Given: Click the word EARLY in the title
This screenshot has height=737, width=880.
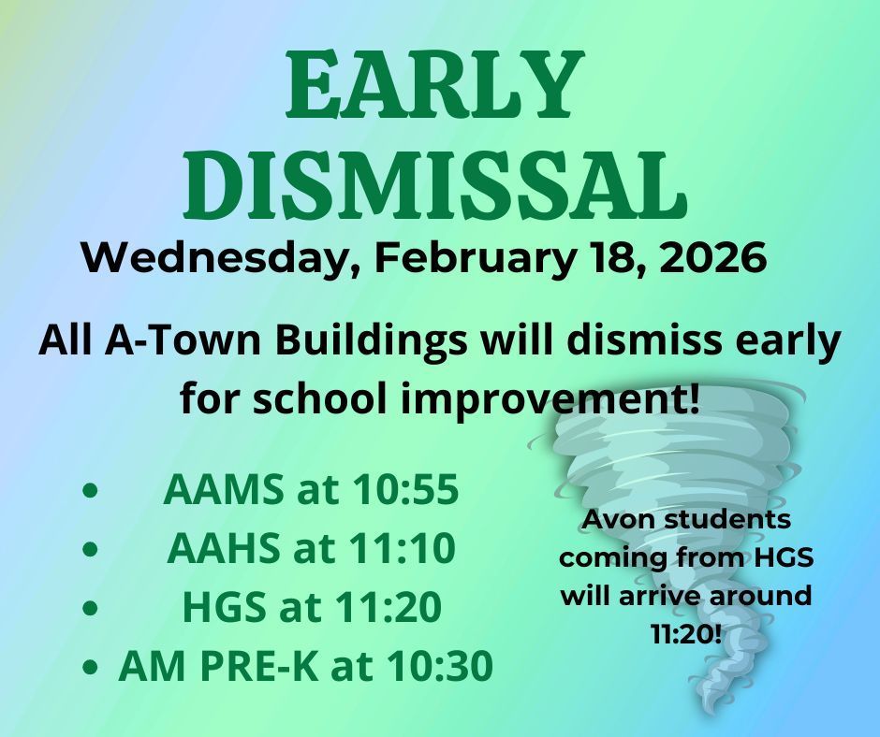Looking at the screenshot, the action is (435, 84).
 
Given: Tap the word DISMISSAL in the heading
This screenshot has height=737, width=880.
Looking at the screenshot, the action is (435, 183).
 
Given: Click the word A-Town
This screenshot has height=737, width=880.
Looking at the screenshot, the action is (183, 340).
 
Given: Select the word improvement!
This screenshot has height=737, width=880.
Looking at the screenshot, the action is (550, 401).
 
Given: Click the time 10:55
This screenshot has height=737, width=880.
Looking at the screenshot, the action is (405, 490).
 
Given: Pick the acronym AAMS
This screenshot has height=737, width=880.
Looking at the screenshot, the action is (224, 490).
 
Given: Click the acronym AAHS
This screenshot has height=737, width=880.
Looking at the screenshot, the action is (224, 549).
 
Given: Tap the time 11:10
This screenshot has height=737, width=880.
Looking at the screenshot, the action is (402, 549).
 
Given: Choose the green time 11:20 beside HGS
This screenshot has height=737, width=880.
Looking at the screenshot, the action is (389, 607).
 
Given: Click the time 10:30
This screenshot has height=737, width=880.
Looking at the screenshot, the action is (440, 666).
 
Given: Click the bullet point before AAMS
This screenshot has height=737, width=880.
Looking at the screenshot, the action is (90, 490).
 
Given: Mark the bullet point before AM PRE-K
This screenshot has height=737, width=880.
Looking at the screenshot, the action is (90, 666).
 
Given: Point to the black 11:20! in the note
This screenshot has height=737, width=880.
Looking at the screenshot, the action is (686, 634).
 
